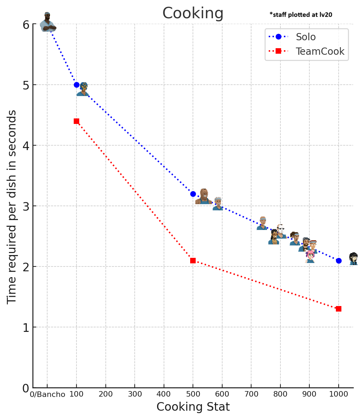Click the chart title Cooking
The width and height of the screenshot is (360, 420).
(193, 14)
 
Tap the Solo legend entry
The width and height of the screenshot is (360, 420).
(306, 37)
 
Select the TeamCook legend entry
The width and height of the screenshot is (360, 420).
(320, 51)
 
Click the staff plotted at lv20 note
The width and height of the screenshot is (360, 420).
(301, 15)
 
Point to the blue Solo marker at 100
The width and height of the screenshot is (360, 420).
(76, 85)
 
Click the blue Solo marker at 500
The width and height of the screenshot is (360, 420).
(193, 194)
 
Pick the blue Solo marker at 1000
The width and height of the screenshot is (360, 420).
(339, 261)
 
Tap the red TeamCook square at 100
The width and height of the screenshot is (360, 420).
(76, 121)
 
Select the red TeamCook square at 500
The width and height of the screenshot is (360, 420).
(193, 261)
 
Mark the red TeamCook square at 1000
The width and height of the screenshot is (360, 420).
(339, 309)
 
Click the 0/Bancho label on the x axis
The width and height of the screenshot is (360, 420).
(48, 395)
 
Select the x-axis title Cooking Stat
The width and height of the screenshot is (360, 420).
(193, 407)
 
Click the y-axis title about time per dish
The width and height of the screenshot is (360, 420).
(12, 207)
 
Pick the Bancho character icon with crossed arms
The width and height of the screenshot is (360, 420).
(48, 22)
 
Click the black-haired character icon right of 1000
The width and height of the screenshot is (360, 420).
(353, 259)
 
